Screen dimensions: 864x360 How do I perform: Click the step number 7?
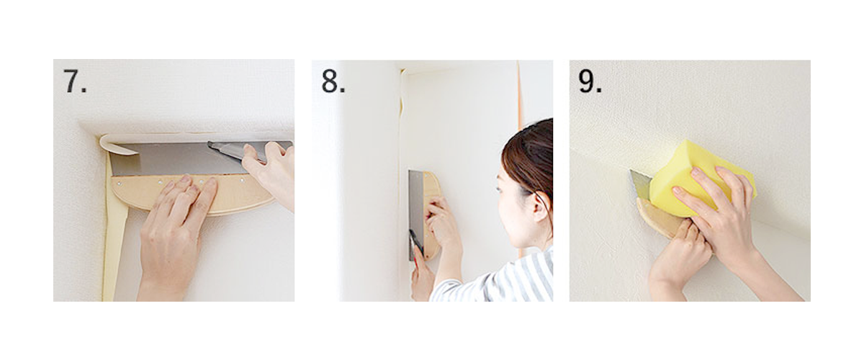pyautogui.click(x=75, y=81)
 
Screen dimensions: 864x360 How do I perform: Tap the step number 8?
pyautogui.click(x=333, y=81)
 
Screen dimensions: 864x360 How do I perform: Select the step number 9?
pyautogui.click(x=590, y=81)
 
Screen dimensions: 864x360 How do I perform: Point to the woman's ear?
pyautogui.click(x=541, y=207)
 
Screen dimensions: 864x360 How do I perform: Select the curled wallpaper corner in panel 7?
pyautogui.click(x=116, y=145)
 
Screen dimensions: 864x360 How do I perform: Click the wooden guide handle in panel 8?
pyautogui.click(x=432, y=216)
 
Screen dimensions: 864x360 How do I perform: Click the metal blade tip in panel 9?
pyautogui.click(x=631, y=171)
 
